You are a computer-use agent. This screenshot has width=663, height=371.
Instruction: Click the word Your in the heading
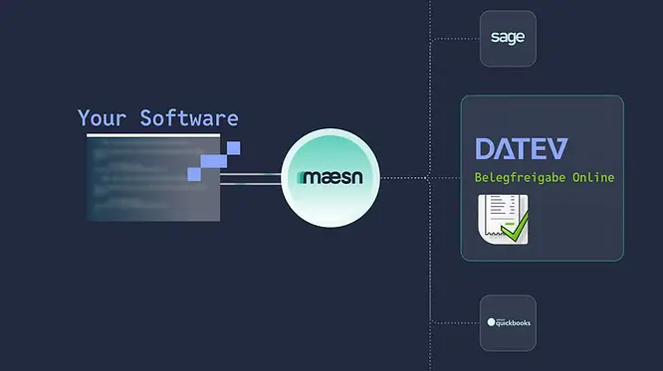point(103,118)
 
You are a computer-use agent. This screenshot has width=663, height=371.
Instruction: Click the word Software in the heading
point(189,118)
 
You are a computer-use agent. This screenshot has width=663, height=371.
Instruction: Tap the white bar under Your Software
point(152,134)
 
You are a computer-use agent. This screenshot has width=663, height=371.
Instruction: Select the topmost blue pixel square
point(234,148)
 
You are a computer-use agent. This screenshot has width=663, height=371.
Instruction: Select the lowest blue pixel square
point(194,174)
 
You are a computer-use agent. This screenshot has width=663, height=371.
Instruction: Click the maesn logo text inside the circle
point(327,179)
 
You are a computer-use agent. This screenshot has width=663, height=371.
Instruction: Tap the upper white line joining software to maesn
point(249,174)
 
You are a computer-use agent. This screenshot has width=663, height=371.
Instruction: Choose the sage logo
point(508,39)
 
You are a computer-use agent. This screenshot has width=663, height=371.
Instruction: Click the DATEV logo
point(521,149)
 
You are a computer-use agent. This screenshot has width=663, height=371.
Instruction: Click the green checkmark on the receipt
point(516,232)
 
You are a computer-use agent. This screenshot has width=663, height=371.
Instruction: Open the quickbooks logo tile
point(508,322)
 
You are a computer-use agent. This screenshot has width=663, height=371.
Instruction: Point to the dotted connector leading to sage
point(454,39)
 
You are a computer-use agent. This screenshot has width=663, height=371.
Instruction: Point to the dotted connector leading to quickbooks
point(454,322)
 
